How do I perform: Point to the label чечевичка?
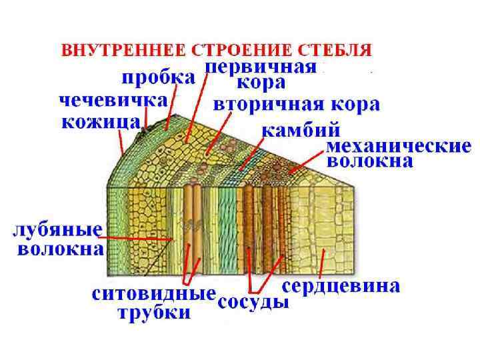pyautogui.click(x=113, y=101)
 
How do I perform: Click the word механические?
pyautogui.click(x=399, y=146)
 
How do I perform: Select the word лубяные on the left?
pyautogui.click(x=59, y=231)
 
